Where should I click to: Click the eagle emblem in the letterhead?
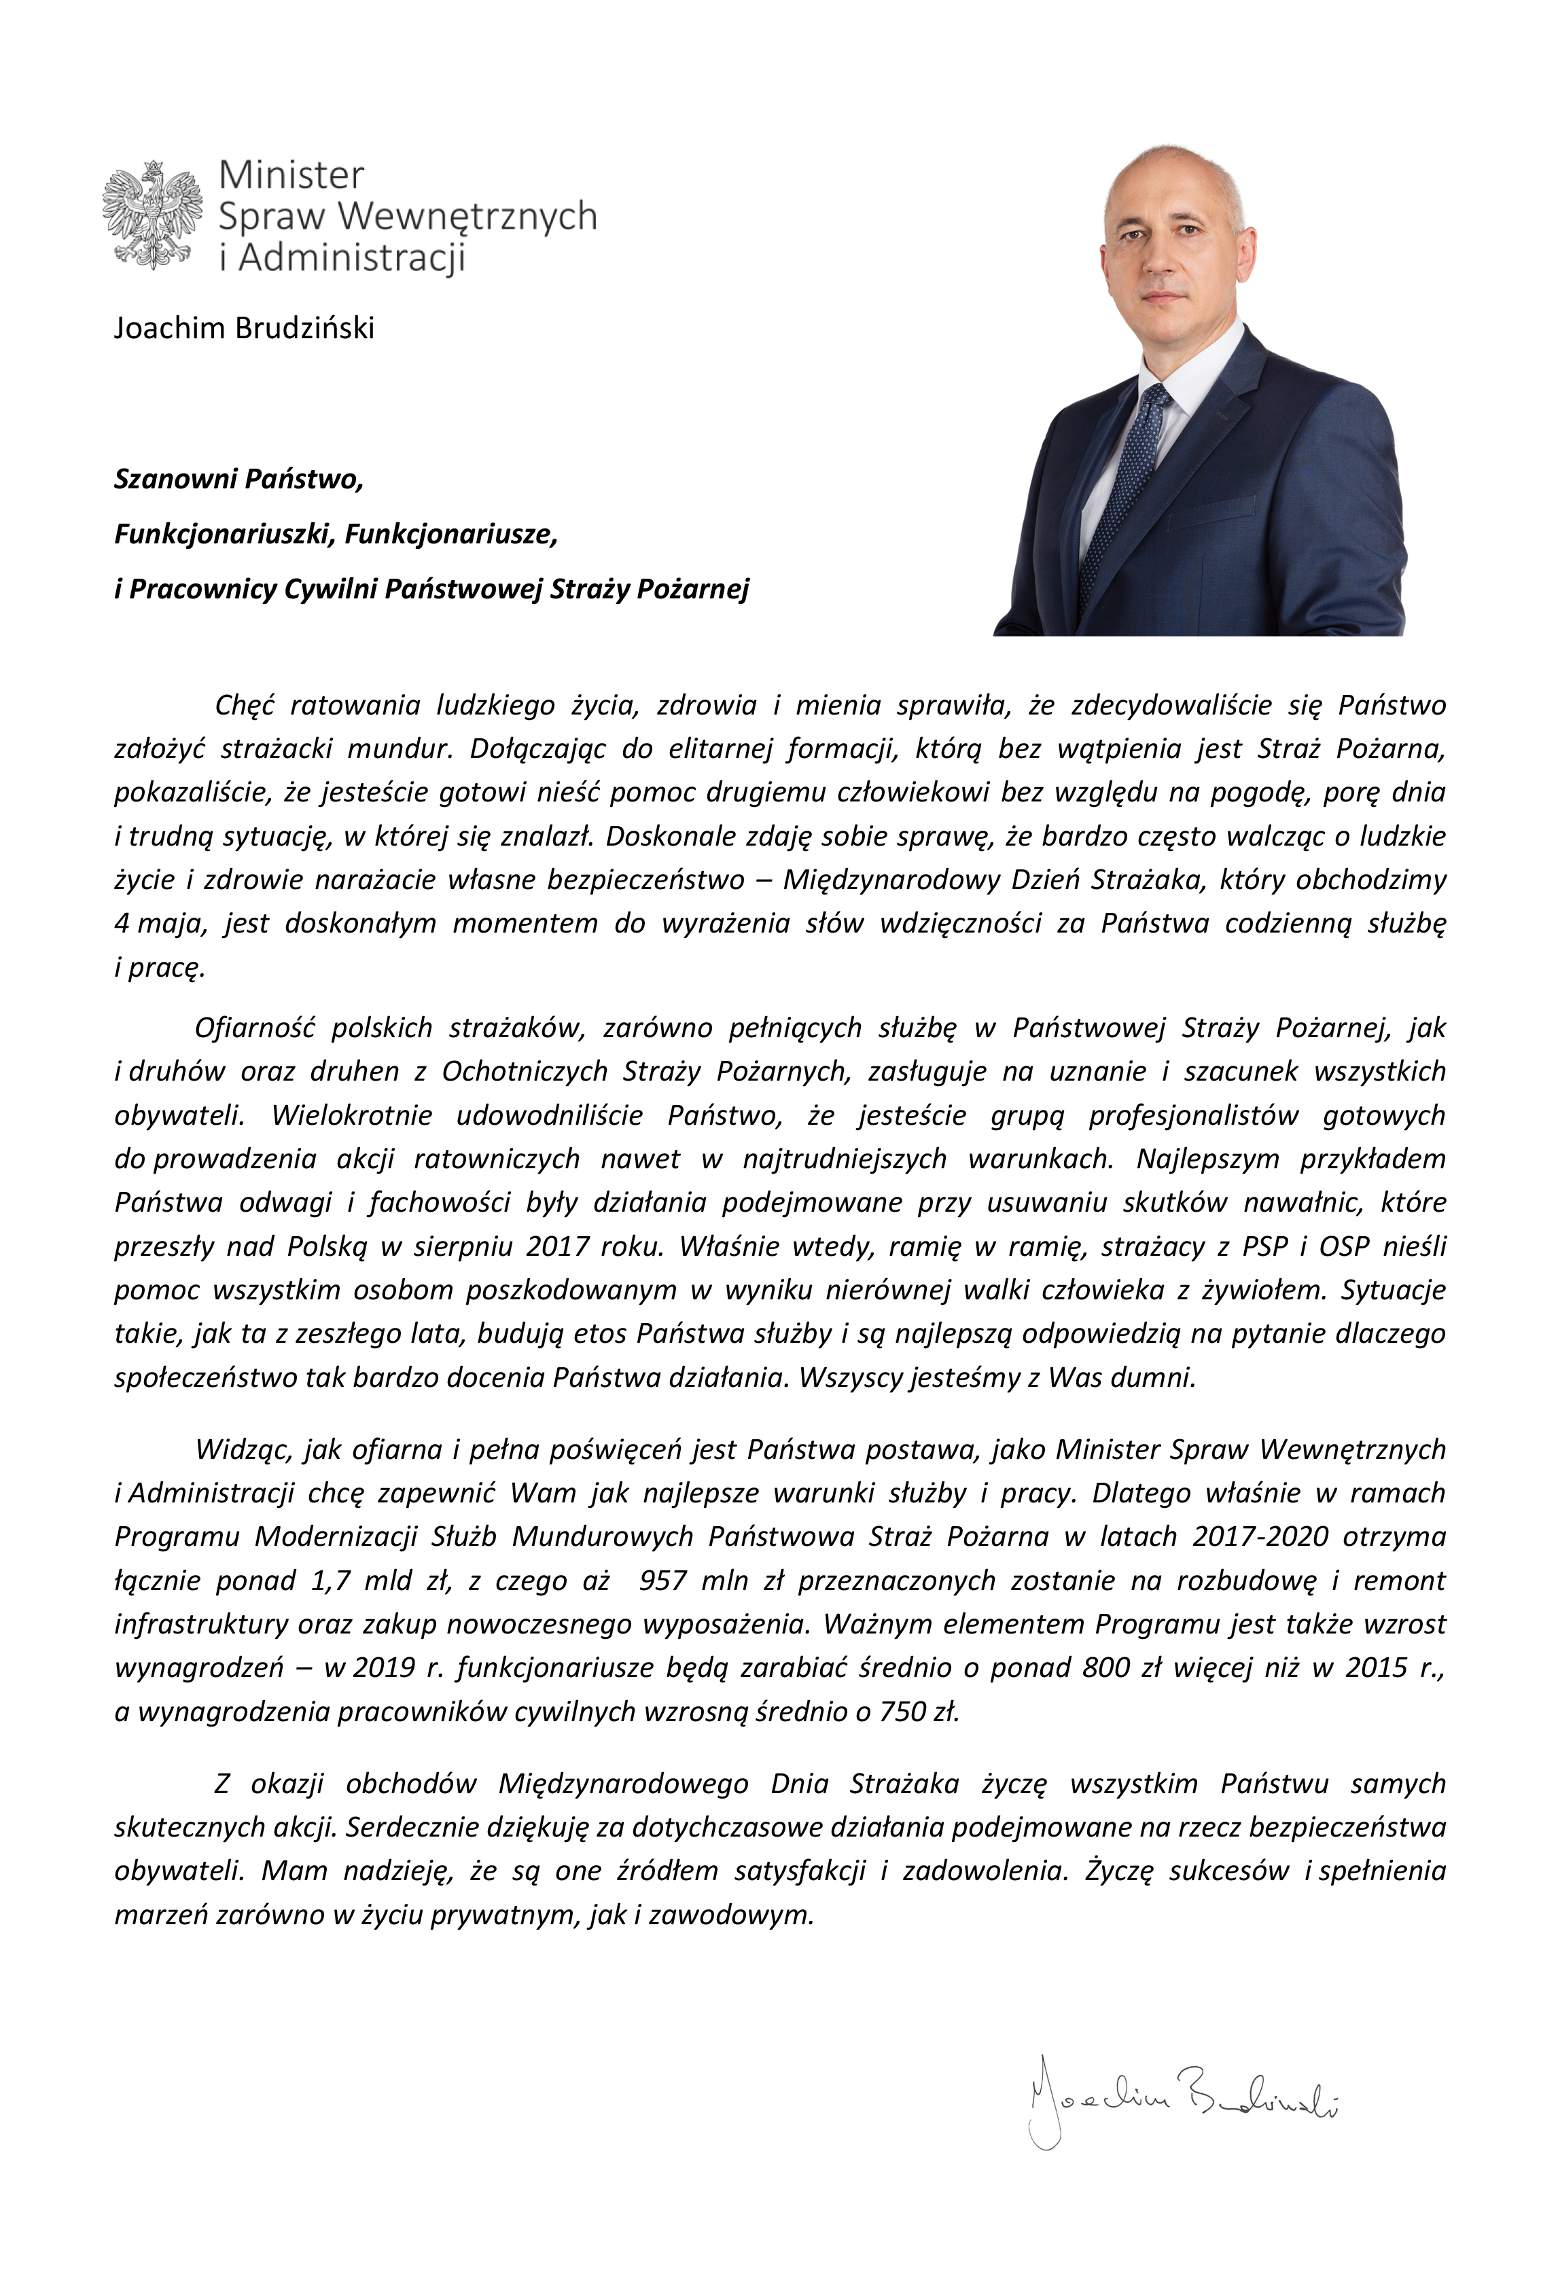tap(153, 214)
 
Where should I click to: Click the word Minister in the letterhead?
tap(291, 176)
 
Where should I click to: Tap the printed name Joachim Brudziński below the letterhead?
tap(244, 328)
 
